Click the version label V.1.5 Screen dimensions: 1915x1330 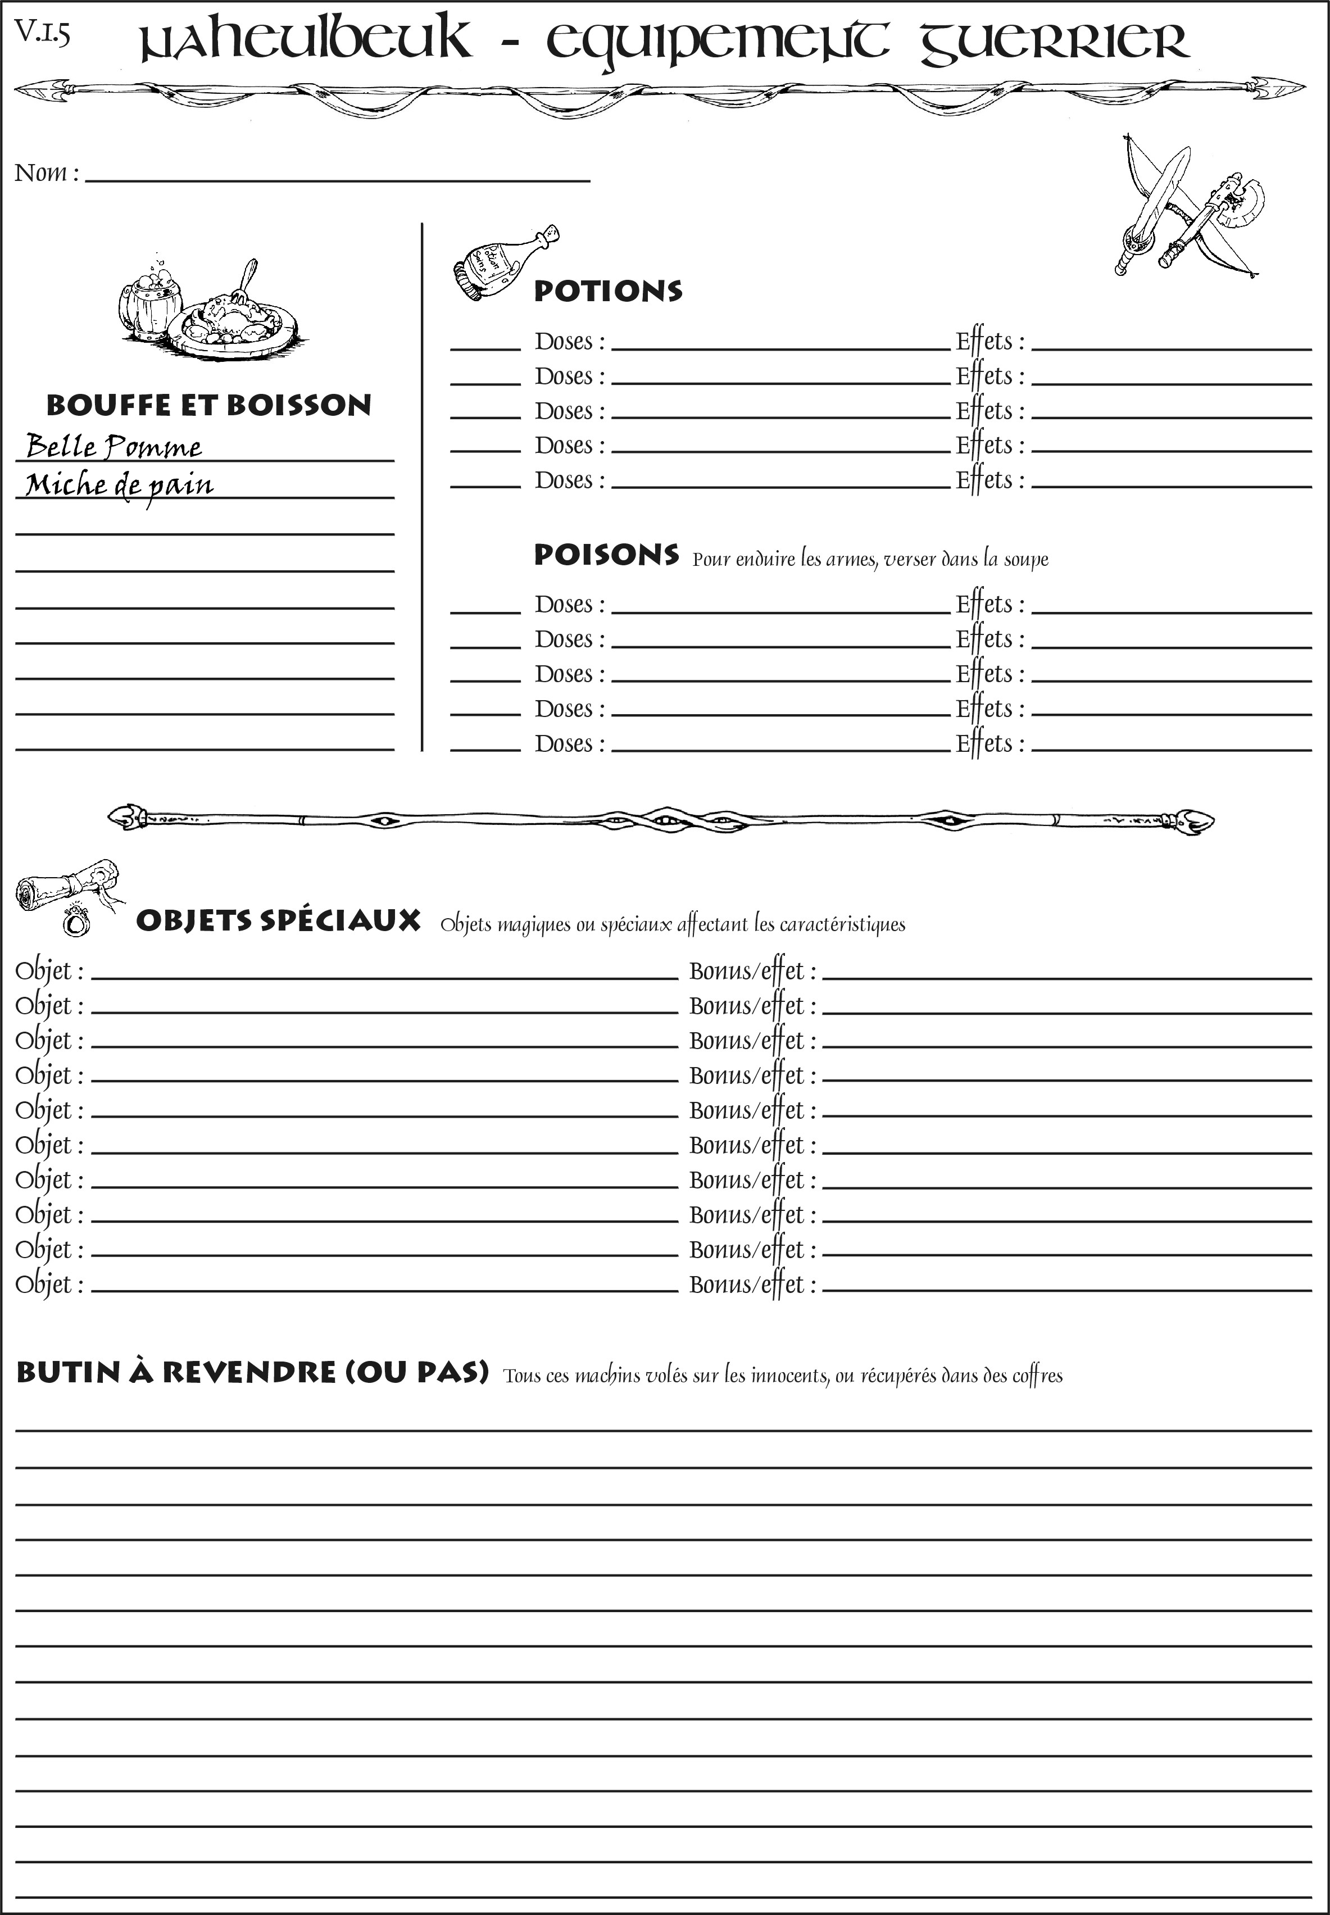point(42,33)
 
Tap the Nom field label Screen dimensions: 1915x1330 point(47,173)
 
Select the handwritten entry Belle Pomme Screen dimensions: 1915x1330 point(114,447)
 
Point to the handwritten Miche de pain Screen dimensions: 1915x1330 point(119,485)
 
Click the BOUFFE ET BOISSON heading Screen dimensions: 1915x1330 point(208,405)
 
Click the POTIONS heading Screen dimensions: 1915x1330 point(607,291)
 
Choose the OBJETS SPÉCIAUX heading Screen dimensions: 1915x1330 point(278,921)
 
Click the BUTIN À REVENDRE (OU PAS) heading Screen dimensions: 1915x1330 point(252,1372)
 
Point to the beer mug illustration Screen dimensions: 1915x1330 point(150,300)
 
